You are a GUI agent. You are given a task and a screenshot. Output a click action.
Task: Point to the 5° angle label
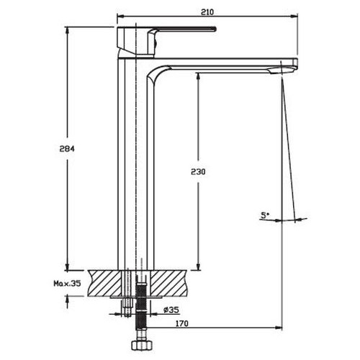(x=264, y=215)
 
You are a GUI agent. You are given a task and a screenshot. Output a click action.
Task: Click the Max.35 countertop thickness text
(x=67, y=284)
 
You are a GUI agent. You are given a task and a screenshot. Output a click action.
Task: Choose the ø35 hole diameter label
(x=171, y=310)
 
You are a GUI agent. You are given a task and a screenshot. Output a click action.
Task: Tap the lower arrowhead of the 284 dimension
(x=68, y=266)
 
